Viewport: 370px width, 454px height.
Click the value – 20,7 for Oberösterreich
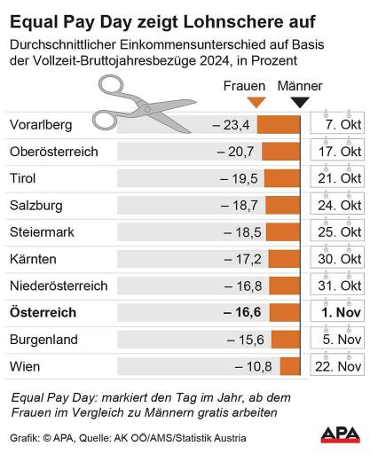point(236,152)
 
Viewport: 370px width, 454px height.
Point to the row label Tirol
point(22,178)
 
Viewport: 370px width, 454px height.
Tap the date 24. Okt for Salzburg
point(340,205)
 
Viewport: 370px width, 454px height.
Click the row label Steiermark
point(41,232)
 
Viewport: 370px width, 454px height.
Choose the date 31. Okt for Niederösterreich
point(340,286)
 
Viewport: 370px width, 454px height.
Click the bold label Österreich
point(43,312)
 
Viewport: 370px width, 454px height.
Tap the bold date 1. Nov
point(340,312)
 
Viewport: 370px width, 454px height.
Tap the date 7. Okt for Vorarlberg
point(342,125)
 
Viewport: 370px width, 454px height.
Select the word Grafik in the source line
point(25,438)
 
